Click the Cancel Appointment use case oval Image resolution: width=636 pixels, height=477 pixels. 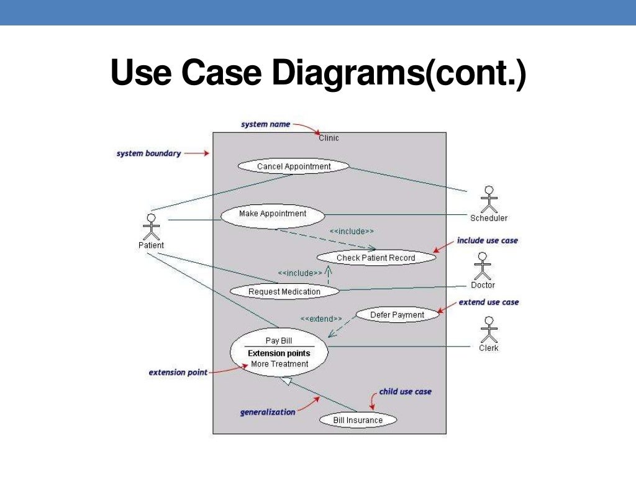click(x=294, y=166)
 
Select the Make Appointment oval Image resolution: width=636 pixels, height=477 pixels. click(x=273, y=214)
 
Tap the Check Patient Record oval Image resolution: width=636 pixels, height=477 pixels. click(x=376, y=257)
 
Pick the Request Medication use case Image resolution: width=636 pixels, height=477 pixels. click(x=284, y=291)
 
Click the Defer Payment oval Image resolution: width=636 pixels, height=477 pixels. click(x=397, y=315)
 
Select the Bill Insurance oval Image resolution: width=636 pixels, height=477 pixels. click(x=358, y=420)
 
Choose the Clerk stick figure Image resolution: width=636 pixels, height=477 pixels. click(x=489, y=330)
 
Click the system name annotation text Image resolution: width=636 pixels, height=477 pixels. click(x=265, y=124)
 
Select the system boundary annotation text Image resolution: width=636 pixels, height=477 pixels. click(x=148, y=153)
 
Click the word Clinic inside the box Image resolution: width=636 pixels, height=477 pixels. click(x=329, y=138)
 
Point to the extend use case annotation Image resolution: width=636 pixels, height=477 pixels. click(x=488, y=302)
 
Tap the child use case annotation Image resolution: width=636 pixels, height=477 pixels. click(x=405, y=392)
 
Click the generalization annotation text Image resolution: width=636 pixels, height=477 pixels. click(x=268, y=412)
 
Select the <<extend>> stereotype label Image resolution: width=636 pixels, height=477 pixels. click(x=321, y=319)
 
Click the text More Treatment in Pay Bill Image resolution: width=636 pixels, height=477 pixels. click(x=279, y=364)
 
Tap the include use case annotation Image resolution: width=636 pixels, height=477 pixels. click(x=487, y=240)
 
